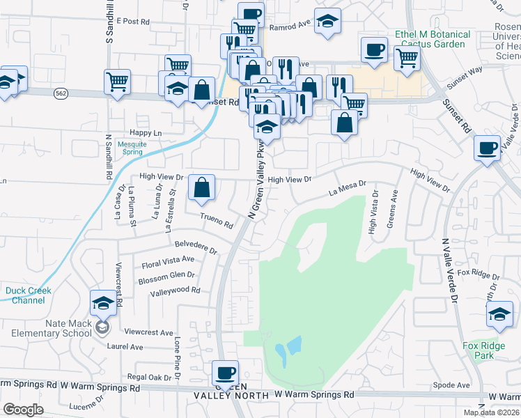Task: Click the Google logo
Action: click(x=23, y=410)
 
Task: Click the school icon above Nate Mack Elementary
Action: click(x=103, y=303)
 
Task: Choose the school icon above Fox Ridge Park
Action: click(x=499, y=314)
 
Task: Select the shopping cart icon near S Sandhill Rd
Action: click(x=117, y=81)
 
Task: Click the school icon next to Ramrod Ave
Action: click(x=327, y=22)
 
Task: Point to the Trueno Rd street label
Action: click(x=216, y=221)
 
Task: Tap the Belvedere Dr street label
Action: click(x=196, y=248)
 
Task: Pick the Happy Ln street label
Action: click(x=146, y=132)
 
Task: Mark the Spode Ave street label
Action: click(x=451, y=385)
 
